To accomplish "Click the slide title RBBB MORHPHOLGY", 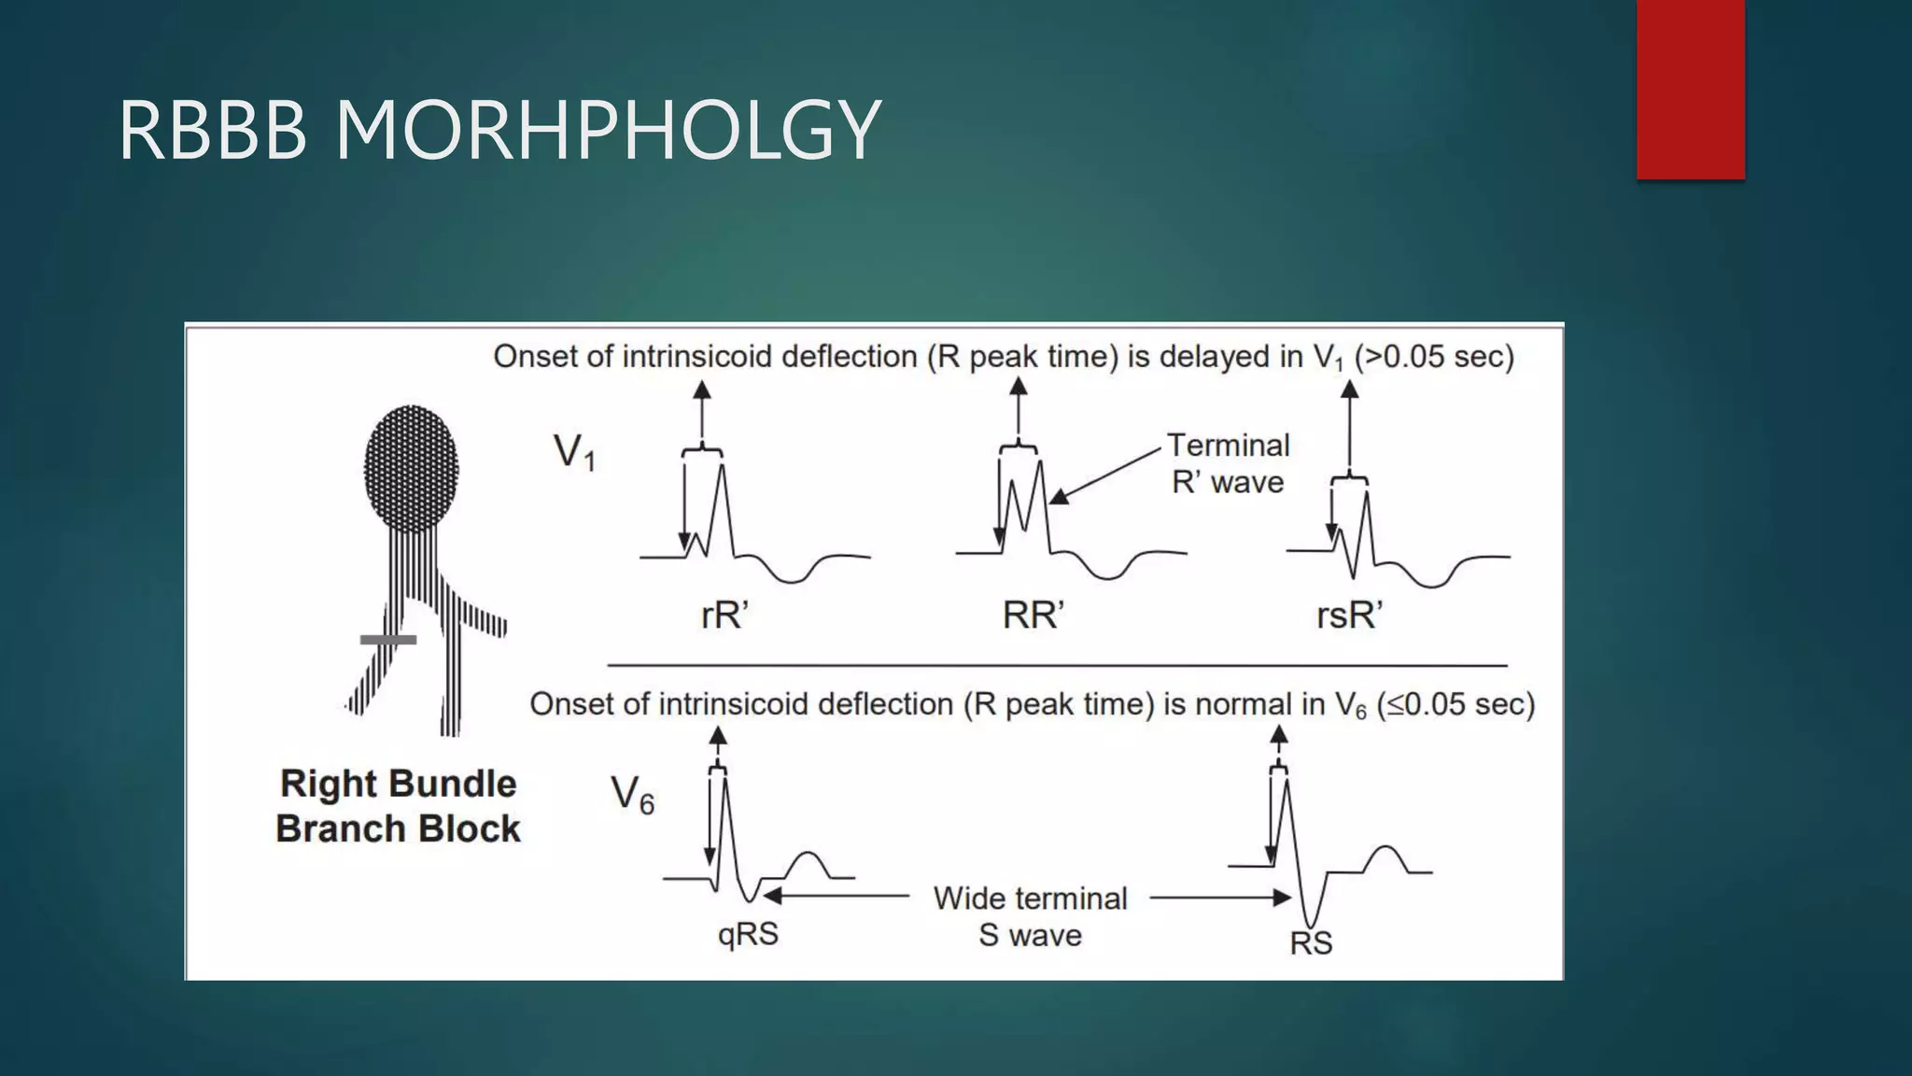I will tap(499, 130).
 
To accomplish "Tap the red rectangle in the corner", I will tap(1690, 89).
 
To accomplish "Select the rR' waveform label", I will tap(724, 616).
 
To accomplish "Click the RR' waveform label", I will tap(1033, 616).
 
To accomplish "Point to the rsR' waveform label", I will tap(1349, 616).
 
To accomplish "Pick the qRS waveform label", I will tap(748, 934).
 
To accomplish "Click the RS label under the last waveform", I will tap(1311, 943).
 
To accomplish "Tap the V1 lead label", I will tap(574, 453).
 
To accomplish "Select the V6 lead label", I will tap(632, 795).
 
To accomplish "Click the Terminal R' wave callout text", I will tap(1228, 463).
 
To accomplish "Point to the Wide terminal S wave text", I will tap(1030, 916).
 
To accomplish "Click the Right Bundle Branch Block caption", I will tap(398, 806).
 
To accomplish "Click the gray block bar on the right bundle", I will tap(388, 640).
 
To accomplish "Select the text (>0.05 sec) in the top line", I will tap(1434, 357).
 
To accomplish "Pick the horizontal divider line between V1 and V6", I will tap(1057, 665).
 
